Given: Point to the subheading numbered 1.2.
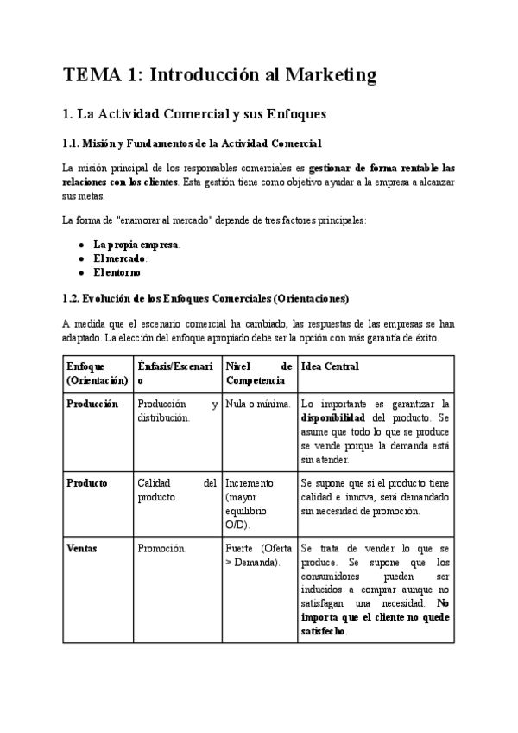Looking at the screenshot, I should click(205, 298).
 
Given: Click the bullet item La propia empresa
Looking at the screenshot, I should click(136, 245).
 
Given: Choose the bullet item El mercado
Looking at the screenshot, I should click(120, 258).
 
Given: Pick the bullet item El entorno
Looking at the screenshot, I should click(118, 272).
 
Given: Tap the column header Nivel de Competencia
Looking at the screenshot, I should click(258, 373).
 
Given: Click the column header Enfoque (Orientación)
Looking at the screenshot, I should click(97, 373).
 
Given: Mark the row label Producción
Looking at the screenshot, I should click(92, 404).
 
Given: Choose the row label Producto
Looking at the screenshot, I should click(87, 483).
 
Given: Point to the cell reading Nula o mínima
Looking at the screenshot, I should click(255, 404).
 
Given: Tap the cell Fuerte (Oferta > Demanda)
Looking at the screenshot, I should click(258, 555).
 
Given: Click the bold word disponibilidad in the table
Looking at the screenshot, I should click(338, 417).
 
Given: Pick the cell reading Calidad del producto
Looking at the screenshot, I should click(176, 490).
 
